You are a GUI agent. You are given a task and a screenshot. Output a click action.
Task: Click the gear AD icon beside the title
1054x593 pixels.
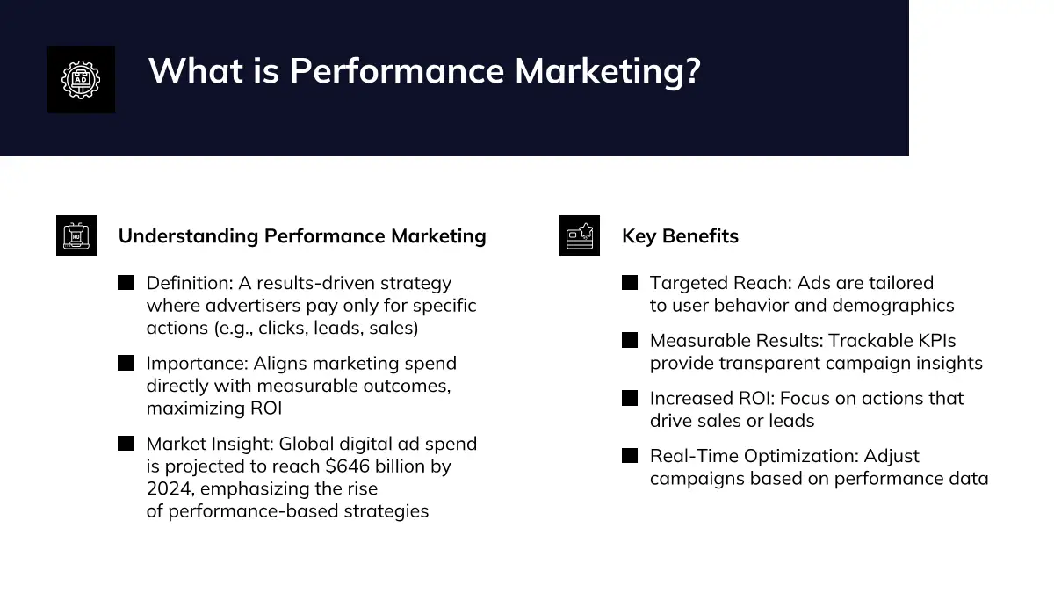(81, 80)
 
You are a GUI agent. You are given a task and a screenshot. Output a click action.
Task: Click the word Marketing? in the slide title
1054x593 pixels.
(608, 71)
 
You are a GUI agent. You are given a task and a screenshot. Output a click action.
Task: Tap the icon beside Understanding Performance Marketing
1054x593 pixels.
(76, 235)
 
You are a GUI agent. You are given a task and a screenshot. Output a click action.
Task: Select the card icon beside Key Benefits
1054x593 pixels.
(579, 235)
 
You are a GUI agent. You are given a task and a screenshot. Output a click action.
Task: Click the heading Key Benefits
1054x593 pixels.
(680, 236)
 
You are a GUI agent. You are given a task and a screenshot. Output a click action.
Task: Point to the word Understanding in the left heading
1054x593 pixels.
(188, 236)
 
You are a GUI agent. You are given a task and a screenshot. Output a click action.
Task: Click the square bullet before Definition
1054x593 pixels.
(126, 283)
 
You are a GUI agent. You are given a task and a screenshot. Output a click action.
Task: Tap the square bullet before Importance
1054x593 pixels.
(126, 363)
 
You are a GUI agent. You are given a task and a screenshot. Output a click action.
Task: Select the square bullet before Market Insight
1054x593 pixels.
(126, 444)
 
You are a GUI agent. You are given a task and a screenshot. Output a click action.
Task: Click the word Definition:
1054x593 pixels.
(190, 283)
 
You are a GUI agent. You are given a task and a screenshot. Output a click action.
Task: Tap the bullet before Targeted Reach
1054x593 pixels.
(630, 283)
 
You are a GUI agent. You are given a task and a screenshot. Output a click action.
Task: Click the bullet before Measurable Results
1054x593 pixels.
(630, 340)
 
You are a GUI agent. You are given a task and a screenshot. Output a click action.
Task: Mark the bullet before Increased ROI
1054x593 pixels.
(630, 398)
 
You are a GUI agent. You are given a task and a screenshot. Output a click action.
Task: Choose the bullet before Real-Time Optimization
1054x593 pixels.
(630, 456)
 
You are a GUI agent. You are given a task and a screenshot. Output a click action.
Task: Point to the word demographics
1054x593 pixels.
(893, 306)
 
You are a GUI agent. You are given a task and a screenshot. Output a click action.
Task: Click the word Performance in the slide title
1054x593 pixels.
(397, 71)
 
